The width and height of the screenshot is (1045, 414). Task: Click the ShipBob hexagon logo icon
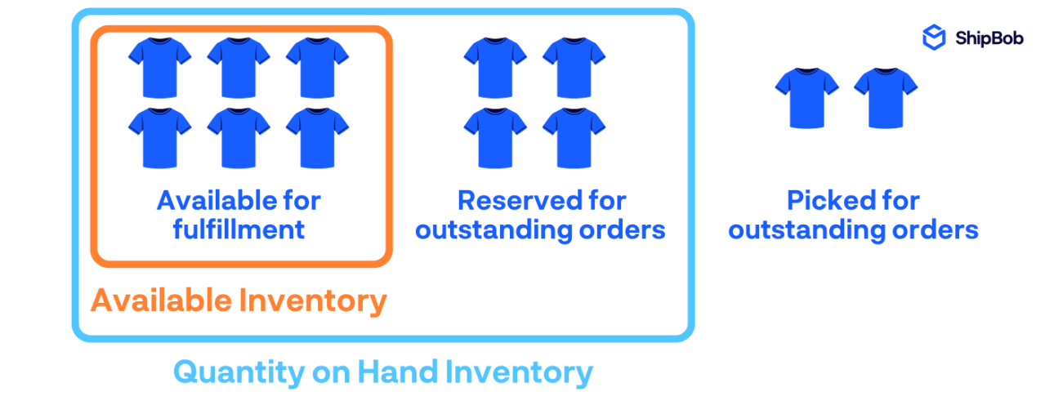(x=934, y=38)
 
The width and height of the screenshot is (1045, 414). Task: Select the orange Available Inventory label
(x=238, y=301)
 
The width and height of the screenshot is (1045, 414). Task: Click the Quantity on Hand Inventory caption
(x=382, y=372)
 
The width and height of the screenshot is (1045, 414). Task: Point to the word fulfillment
(x=239, y=229)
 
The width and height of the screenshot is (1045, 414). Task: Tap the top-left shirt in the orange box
(x=160, y=68)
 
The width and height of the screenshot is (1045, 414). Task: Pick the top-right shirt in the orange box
(x=317, y=68)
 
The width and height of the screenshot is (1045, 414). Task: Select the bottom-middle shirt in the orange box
(x=239, y=138)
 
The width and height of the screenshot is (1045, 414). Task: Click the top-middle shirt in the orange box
(x=239, y=68)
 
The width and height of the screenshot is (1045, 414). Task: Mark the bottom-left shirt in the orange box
(x=160, y=138)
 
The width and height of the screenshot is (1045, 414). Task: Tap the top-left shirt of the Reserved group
(x=495, y=68)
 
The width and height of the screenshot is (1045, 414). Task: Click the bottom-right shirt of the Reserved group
(x=574, y=138)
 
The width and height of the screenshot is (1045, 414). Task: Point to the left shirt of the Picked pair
(x=806, y=97)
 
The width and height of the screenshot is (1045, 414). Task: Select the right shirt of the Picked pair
(x=886, y=97)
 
